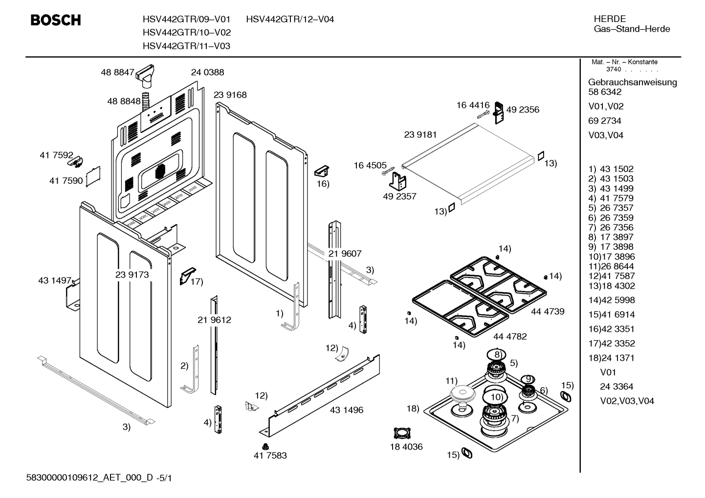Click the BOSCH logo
pos(56,20)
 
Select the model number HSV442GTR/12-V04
pos(290,20)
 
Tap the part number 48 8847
pos(117,72)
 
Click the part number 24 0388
pos(207,72)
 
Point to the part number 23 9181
pos(420,135)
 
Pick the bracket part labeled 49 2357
pos(397,181)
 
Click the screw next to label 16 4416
pos(483,114)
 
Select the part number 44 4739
pos(548,311)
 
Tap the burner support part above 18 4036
pos(402,433)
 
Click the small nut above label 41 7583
pos(265,446)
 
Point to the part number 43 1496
pos(347,410)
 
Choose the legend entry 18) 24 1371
pos(611,358)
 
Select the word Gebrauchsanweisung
pos(632,83)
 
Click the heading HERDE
pos(610,19)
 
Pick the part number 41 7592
pos(56,155)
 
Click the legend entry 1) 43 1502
pos(611,169)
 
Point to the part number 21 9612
pos(214,320)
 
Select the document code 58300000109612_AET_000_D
pos(89,478)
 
